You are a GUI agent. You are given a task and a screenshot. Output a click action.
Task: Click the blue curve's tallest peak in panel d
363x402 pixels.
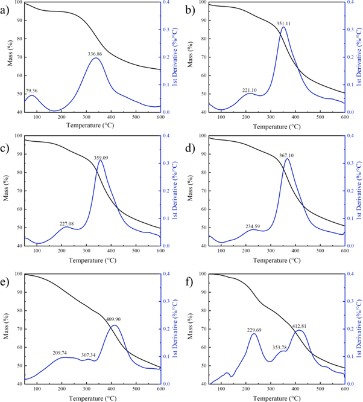click(x=288, y=159)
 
